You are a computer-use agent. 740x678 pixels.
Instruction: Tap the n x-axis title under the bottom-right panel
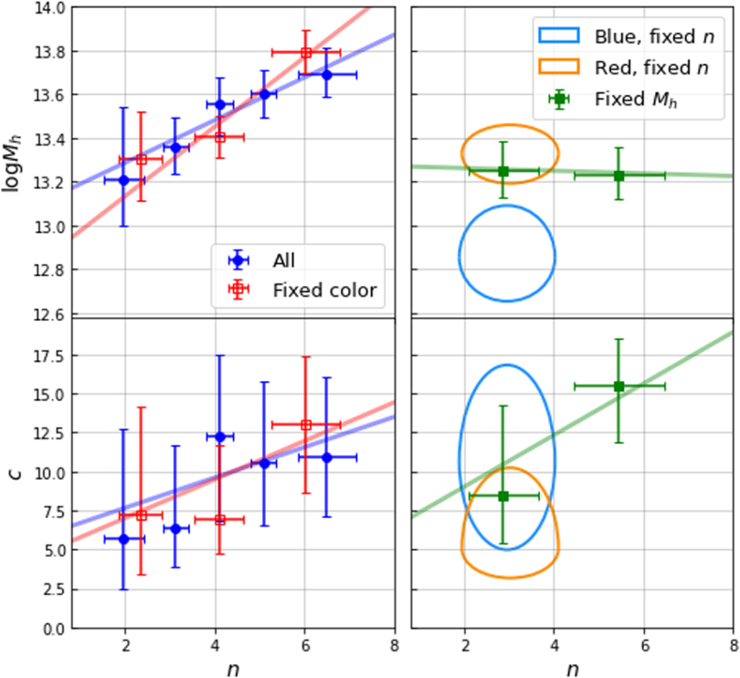(572, 669)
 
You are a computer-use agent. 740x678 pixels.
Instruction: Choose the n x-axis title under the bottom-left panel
(233, 669)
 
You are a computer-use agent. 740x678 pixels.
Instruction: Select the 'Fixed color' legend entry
(323, 291)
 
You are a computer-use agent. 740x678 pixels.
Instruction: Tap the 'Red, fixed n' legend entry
(651, 67)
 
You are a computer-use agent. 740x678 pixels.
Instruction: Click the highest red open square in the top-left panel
(306, 53)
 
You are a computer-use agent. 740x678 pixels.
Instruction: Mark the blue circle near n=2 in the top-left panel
(124, 180)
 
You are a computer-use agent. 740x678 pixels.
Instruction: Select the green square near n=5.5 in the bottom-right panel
(618, 386)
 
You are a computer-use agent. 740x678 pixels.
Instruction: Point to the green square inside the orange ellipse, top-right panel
(503, 171)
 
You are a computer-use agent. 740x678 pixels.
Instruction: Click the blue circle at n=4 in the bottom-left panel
(219, 437)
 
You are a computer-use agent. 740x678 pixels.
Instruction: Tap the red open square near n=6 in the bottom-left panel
(306, 424)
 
